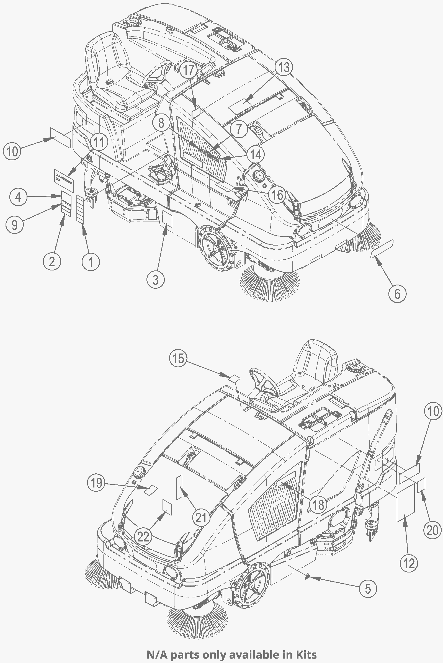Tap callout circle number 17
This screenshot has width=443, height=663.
pos(189,70)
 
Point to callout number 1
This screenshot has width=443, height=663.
pos(91,262)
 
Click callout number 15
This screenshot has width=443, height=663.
pos(179,358)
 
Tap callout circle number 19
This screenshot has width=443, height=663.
pos(96,483)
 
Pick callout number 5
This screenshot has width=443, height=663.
pos(368,589)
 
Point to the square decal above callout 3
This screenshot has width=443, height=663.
pos(167,219)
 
